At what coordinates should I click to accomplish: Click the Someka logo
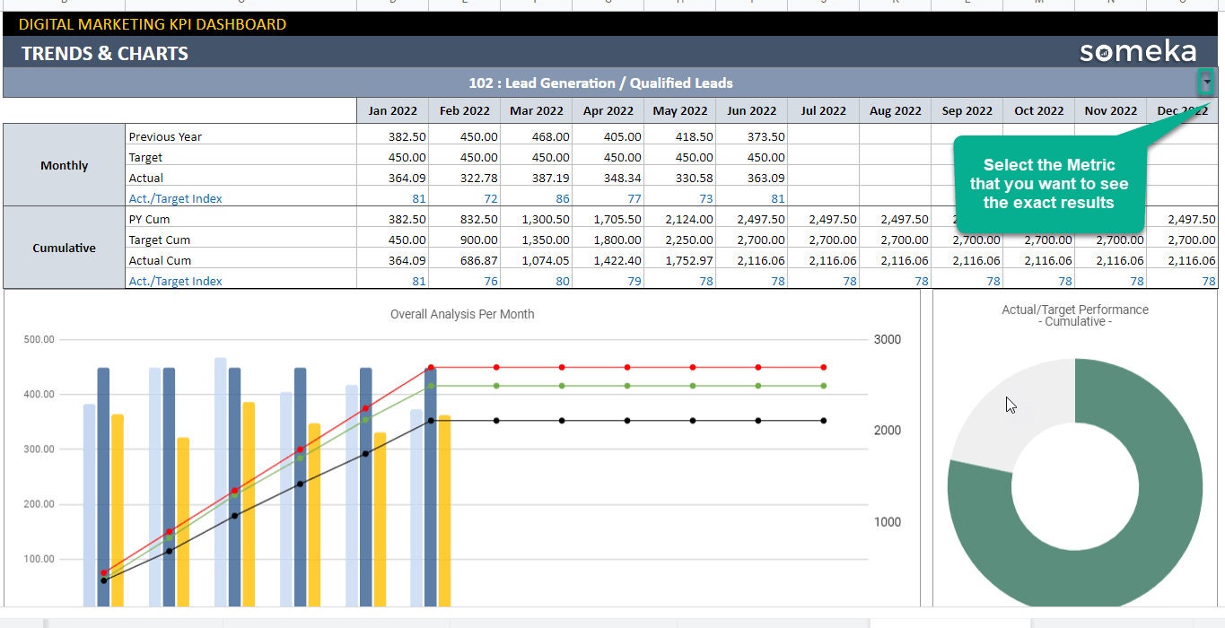[x=1137, y=52]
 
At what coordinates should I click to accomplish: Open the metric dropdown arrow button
[x=1207, y=83]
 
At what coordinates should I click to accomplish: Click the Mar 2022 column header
[x=536, y=111]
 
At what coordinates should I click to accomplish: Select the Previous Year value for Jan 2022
[x=393, y=137]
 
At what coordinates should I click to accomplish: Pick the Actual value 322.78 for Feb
[x=465, y=179]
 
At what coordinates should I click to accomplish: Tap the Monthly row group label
[x=65, y=166]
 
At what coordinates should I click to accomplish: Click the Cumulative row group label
[x=65, y=249]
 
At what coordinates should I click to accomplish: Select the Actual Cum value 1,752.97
[x=680, y=261]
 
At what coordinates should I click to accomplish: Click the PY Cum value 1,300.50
[x=537, y=220]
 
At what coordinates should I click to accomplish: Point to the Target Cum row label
[x=160, y=240]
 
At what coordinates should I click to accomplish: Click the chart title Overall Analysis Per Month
[x=462, y=314]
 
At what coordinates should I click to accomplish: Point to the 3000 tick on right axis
[x=887, y=340]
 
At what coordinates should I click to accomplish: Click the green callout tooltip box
[x=1048, y=184]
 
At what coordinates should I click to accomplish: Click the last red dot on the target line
[x=824, y=368]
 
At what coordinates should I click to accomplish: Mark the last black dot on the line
[x=824, y=421]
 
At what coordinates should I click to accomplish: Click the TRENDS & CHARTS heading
[x=105, y=54]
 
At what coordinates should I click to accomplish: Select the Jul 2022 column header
[x=823, y=111]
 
